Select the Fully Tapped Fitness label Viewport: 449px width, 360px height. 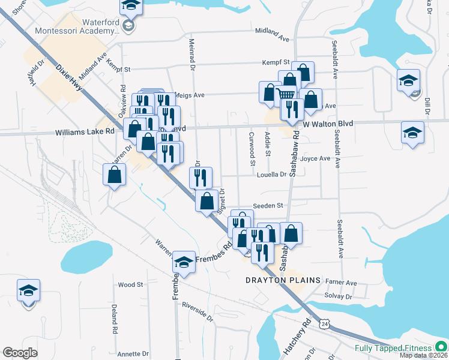coord(393,348)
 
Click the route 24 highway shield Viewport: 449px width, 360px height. coord(325,323)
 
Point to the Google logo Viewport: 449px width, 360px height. coord(20,352)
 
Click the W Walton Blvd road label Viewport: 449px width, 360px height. coord(327,124)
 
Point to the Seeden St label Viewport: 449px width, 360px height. coord(268,205)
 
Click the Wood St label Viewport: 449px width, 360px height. coord(130,285)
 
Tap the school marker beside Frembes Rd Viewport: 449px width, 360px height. coord(184,262)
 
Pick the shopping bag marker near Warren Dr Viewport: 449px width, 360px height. coord(114,175)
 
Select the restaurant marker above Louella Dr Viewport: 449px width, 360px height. coord(200,177)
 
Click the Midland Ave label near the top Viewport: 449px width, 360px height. coord(272,34)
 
